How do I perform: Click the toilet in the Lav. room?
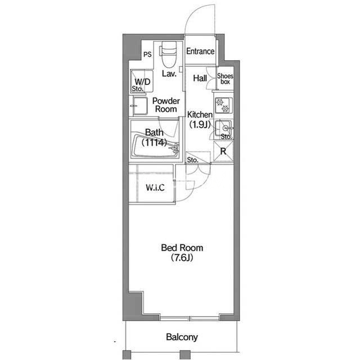[169, 55]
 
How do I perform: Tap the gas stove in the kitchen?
[223, 105]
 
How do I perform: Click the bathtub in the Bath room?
[155, 146]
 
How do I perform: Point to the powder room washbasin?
[139, 106]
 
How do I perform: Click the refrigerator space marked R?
[223, 151]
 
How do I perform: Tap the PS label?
[147, 55]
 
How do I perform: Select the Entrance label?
[200, 51]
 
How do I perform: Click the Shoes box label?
[225, 79]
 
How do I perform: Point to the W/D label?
[142, 82]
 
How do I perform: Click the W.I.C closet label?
[155, 187]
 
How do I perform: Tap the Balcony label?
[182, 337]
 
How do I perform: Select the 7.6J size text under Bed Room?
[182, 258]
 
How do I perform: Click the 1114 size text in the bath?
[154, 142]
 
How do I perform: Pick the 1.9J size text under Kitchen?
[200, 124]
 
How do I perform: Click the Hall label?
[200, 78]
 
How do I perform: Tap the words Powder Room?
[166, 105]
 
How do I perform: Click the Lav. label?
[169, 74]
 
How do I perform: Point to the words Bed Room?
[182, 247]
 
